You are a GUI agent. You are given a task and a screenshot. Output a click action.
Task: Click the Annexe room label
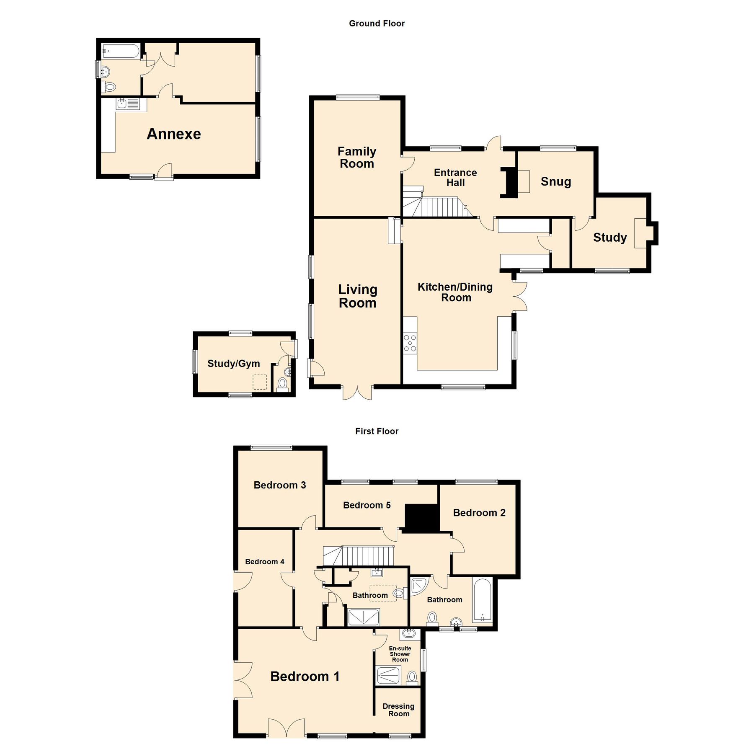[174, 134]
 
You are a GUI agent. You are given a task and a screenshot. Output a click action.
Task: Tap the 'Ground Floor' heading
[377, 23]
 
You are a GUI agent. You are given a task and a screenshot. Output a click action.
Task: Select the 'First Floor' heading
[377, 431]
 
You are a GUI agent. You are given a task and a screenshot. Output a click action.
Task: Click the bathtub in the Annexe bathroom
[121, 51]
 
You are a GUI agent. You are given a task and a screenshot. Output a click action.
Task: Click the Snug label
[556, 181]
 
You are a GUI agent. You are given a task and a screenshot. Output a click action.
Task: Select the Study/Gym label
[233, 364]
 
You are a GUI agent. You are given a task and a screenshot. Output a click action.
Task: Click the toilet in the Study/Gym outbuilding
[283, 383]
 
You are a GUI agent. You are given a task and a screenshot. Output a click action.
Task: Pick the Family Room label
[357, 157]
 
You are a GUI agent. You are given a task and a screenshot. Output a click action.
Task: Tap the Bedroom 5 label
[367, 505]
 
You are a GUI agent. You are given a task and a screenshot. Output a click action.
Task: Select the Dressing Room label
[398, 710]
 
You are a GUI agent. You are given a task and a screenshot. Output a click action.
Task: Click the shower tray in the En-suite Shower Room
[388, 675]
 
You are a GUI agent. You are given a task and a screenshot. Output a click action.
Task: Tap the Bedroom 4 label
[264, 562]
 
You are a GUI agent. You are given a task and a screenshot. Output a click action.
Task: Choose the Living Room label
[358, 296]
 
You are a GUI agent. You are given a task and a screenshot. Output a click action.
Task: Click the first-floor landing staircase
[359, 556]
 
